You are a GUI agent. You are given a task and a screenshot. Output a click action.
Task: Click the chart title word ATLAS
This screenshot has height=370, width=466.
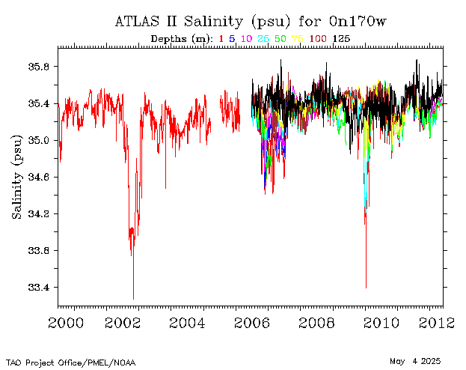[x=137, y=22]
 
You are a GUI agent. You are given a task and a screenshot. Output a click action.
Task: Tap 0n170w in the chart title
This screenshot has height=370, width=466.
[x=358, y=22]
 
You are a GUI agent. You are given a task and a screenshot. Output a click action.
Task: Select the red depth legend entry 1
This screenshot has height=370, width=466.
[x=221, y=39]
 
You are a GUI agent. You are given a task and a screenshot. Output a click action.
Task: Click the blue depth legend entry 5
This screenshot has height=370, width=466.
[x=232, y=39]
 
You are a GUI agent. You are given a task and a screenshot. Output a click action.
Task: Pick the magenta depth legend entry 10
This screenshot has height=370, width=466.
[x=246, y=39]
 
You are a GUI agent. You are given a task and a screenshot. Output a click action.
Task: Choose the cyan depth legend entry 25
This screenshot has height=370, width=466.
[x=263, y=39]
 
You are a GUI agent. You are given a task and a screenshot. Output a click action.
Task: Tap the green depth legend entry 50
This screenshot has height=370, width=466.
[x=280, y=39]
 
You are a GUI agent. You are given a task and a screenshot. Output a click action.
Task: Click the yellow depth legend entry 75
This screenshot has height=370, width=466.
[x=297, y=39]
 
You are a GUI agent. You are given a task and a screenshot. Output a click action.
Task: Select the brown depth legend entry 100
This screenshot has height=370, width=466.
[x=318, y=39]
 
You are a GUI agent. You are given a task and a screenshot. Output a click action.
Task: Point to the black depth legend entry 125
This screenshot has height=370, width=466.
[x=341, y=39]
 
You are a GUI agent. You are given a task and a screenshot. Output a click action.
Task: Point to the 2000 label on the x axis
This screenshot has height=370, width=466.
[x=66, y=324]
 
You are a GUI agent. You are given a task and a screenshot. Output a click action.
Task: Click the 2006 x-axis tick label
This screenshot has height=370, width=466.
[x=252, y=324]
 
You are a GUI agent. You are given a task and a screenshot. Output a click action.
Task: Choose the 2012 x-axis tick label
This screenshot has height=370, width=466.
[x=437, y=324]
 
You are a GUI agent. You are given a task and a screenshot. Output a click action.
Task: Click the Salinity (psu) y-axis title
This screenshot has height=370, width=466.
[x=17, y=177]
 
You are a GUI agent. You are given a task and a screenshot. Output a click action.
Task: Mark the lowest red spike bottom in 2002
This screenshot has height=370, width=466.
[x=133, y=299]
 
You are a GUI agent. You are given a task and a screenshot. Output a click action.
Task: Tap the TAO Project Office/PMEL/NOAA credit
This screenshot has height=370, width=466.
[x=71, y=363]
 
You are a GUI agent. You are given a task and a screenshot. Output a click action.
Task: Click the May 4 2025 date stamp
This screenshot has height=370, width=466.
[x=415, y=362]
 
